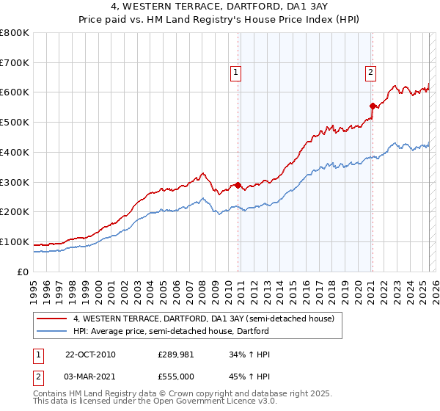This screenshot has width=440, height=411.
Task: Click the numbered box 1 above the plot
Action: pyautogui.click(x=235, y=72)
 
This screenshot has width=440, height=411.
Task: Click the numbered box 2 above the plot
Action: pyautogui.click(x=371, y=72)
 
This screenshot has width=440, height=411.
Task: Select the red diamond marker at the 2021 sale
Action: pyautogui.click(x=373, y=106)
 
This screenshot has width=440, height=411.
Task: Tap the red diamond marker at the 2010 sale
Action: pyautogui.click(x=238, y=185)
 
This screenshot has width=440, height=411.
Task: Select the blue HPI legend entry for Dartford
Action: pyautogui.click(x=171, y=331)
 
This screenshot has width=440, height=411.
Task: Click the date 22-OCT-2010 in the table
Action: pyautogui.click(x=90, y=354)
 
